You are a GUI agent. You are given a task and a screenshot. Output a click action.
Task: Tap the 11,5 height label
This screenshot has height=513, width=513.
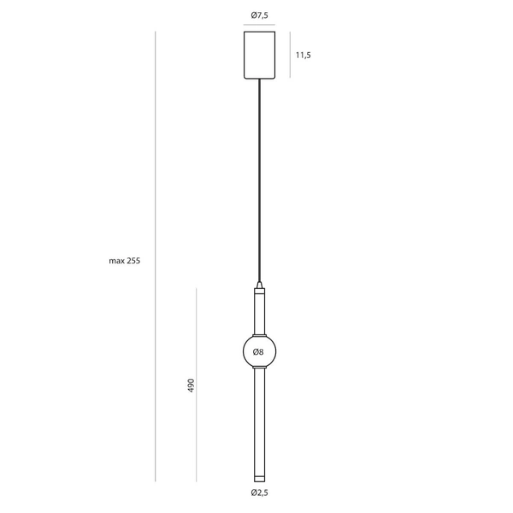coord(303,55)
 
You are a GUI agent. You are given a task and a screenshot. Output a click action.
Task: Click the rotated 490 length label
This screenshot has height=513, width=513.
coord(192,386)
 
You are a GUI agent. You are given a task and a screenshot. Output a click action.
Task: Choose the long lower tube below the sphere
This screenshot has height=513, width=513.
coord(258,419)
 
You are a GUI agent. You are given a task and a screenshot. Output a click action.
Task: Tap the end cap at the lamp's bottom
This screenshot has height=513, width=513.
coord(258,475)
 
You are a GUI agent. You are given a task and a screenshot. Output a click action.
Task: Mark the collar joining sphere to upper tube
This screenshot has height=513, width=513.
coord(258,333)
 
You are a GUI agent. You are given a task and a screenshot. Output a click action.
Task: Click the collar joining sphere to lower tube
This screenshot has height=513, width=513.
coord(258,370)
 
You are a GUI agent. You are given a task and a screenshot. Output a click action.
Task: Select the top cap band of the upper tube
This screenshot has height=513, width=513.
coord(258,292)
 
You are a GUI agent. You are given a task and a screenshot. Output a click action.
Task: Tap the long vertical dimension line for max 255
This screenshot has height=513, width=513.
coord(155,256)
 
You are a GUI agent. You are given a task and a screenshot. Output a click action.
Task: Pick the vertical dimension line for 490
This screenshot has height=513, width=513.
coord(198,384)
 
